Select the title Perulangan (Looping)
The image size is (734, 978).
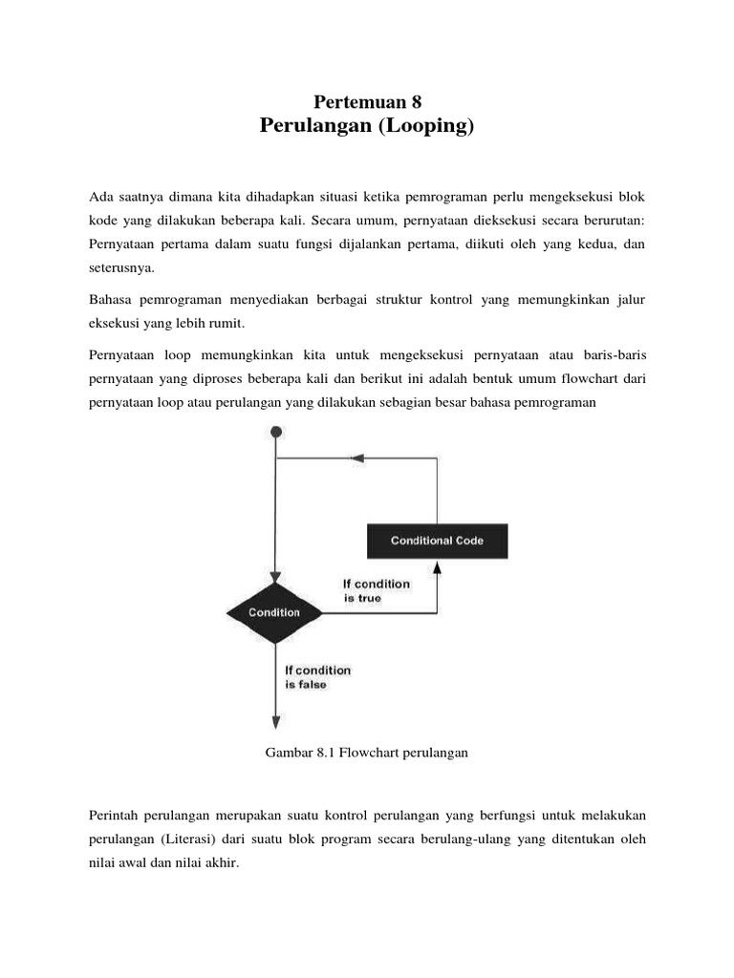coord(367,126)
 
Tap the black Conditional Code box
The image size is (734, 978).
coord(437,541)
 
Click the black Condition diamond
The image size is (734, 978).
coord(275,612)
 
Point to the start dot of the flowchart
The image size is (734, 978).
coord(276,433)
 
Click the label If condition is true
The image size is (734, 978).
coord(376,590)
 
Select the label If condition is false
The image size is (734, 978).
coord(317,677)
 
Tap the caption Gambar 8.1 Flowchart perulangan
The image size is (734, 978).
coord(366,753)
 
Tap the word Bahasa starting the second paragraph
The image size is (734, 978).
coord(110,300)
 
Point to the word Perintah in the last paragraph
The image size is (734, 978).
coord(114,817)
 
